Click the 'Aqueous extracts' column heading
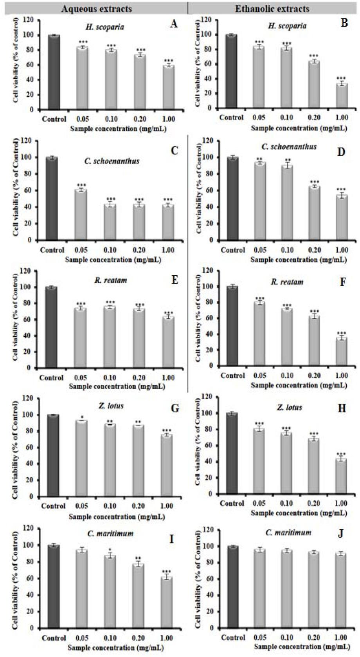(x=96, y=8)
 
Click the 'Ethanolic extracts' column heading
(x=272, y=8)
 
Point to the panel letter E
(x=175, y=280)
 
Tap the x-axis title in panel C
(x=113, y=259)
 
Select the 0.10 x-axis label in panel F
(x=287, y=375)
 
